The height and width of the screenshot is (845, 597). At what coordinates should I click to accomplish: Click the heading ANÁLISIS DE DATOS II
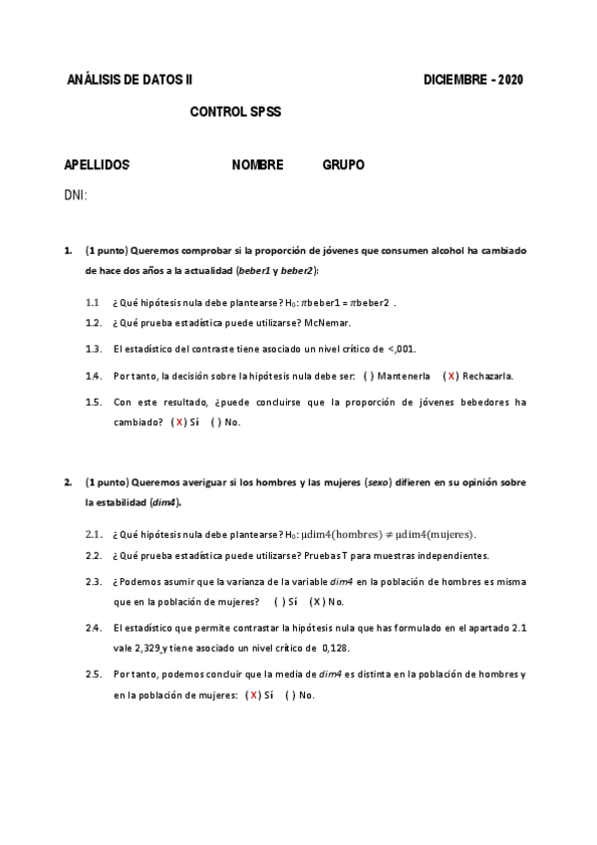pos(130,80)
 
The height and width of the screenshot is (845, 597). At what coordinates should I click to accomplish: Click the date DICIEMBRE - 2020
pos(472,80)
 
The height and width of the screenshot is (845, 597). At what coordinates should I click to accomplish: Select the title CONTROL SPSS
pos(235,113)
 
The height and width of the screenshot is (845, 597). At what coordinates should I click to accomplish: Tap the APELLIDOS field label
pos(97,165)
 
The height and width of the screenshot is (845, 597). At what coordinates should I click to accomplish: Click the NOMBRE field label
pos(257,165)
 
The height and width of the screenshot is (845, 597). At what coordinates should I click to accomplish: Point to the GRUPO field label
pos(343,165)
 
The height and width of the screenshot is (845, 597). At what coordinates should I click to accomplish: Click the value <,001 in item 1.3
pos(402,350)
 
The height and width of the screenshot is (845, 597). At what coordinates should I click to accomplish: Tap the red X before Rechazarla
pos(451,377)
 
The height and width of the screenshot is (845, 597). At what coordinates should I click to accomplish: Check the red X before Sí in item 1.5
pos(178,422)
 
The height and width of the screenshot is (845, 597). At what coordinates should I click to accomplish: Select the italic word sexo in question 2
pos(379,483)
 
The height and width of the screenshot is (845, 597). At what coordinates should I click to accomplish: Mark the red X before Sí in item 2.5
pos(254,695)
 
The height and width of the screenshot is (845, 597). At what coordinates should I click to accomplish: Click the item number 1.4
pos(94,377)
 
